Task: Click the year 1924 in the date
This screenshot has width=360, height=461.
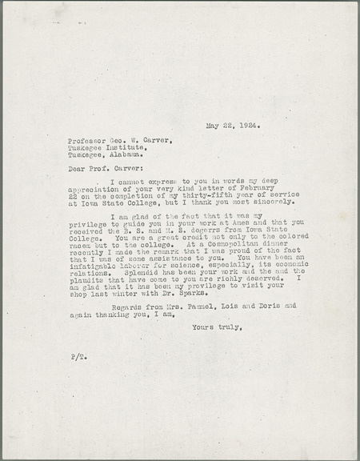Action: point(249,126)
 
